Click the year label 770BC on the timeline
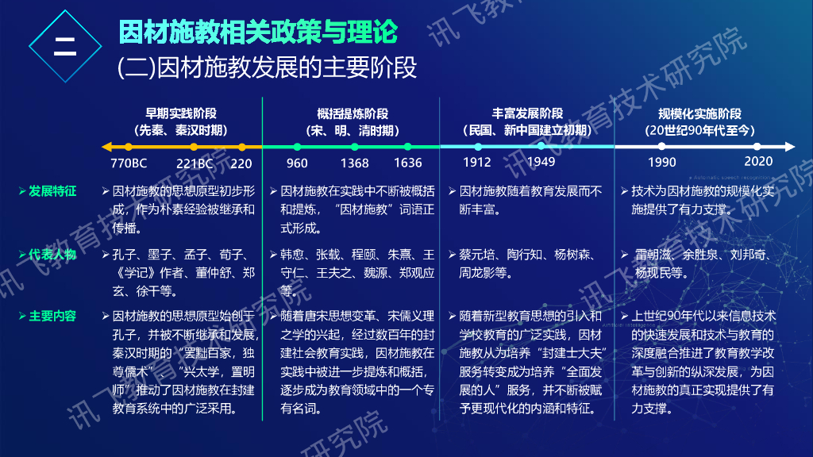(x=129, y=163)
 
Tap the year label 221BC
(x=195, y=163)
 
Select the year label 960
(x=297, y=163)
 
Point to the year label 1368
(x=354, y=163)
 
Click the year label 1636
(x=407, y=163)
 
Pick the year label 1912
(x=477, y=163)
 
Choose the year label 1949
(x=541, y=163)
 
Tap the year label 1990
(x=661, y=163)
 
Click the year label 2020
(x=757, y=162)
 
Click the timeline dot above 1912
(x=478, y=147)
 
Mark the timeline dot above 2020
(x=757, y=147)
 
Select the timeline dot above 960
(x=297, y=147)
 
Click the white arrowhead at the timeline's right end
(x=789, y=147)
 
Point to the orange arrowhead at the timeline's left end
(x=106, y=147)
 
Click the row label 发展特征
(x=52, y=191)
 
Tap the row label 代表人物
(x=52, y=255)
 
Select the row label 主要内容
(x=52, y=316)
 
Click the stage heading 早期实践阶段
(x=181, y=113)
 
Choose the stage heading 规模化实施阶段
(x=699, y=113)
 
